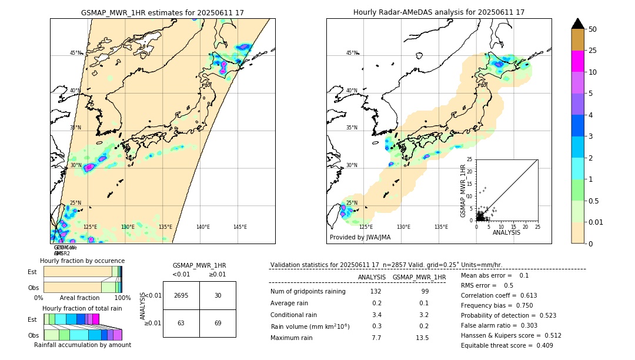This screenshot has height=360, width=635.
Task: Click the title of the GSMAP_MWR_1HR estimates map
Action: [x=162, y=12]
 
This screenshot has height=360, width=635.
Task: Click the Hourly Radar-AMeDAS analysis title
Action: [x=439, y=12]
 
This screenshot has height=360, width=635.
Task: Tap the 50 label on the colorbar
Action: [x=593, y=29]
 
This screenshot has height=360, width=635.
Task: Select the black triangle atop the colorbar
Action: [x=578, y=24]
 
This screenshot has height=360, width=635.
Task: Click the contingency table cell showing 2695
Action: [x=181, y=295]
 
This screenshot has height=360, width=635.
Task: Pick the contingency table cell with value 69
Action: [x=218, y=324]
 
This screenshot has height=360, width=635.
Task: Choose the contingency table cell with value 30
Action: [x=218, y=295]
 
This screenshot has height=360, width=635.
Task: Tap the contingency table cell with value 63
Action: [x=181, y=324]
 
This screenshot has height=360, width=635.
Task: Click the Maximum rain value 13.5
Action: [x=422, y=338]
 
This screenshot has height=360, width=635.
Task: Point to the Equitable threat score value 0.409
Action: [x=541, y=345]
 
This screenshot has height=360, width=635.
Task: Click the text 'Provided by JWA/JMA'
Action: [x=360, y=238]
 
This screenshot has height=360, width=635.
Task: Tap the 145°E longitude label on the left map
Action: [x=240, y=227]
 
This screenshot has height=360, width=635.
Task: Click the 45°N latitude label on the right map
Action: [x=352, y=53]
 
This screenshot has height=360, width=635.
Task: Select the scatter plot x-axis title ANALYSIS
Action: [x=506, y=232]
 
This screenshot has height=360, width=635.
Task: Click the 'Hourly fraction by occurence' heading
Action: [x=82, y=261]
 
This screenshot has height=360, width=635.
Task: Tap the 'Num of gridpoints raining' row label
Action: [x=308, y=292]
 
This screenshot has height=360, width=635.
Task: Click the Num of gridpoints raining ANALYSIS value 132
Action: [x=376, y=292]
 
